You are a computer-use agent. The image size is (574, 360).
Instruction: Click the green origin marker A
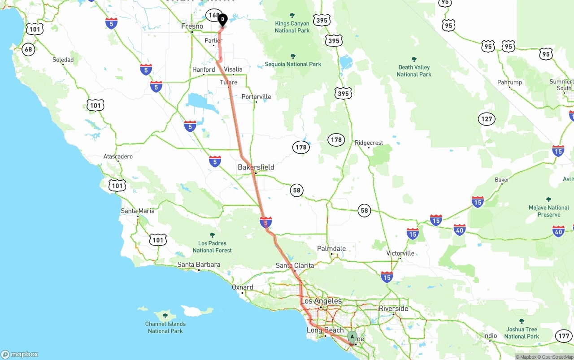click(x=352, y=336)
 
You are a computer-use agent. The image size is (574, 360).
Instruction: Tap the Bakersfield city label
click(x=256, y=167)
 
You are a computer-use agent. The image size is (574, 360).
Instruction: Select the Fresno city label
click(x=192, y=26)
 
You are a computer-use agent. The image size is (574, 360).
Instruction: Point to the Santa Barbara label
click(x=199, y=265)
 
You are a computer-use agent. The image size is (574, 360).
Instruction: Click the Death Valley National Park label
click(x=413, y=71)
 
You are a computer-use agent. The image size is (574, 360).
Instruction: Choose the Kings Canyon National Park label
click(x=292, y=27)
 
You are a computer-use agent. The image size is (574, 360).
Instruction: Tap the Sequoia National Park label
click(x=293, y=64)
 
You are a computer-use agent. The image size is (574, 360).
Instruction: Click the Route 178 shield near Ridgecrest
click(x=336, y=140)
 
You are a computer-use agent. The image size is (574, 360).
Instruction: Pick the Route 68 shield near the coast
click(x=28, y=49)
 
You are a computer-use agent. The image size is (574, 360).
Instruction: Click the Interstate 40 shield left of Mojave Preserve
click(x=460, y=230)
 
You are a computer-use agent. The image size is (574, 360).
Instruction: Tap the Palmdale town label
click(x=331, y=248)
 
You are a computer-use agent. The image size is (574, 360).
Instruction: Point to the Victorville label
click(x=400, y=253)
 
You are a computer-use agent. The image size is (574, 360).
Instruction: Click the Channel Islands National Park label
click(x=165, y=327)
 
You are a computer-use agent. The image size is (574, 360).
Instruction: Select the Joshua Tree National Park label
click(x=522, y=333)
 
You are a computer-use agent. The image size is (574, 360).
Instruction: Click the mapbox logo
click(x=20, y=354)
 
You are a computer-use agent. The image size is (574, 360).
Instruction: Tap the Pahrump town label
click(x=509, y=82)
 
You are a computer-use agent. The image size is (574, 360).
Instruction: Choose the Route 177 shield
click(x=564, y=336)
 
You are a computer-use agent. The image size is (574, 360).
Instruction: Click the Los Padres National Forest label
click(x=212, y=247)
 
